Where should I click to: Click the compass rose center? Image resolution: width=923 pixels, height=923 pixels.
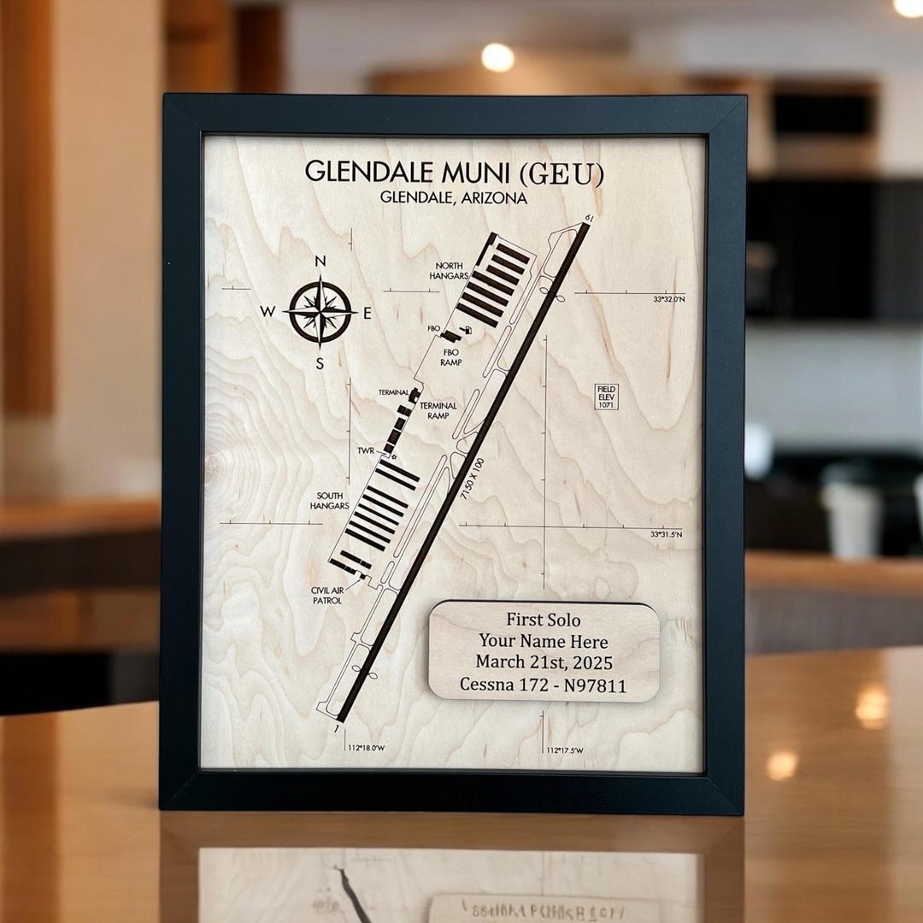320,311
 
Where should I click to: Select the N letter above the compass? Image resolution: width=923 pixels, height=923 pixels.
320,262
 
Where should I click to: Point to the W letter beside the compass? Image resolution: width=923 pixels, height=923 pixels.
268,313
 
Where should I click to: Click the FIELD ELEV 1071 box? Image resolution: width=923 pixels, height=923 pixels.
606,396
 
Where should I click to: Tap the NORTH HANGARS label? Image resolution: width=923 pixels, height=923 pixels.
450,271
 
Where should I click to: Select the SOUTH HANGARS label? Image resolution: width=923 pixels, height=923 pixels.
331,501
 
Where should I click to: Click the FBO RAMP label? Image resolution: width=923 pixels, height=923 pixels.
451,356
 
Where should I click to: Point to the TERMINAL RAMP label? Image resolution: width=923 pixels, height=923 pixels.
438,410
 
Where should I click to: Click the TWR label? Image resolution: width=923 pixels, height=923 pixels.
366,450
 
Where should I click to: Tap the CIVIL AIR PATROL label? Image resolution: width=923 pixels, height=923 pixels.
326,595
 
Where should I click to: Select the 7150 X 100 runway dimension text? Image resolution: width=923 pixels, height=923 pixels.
473,485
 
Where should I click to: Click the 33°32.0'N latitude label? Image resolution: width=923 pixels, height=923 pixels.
668,299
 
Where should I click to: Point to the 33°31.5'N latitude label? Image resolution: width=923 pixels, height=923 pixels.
667,534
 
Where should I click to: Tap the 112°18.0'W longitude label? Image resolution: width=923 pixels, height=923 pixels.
366,748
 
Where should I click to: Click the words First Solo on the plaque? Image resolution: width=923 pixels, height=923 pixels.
543,620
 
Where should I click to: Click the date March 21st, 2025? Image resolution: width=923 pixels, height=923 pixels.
544,662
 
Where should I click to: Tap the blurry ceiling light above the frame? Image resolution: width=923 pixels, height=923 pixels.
497,57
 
